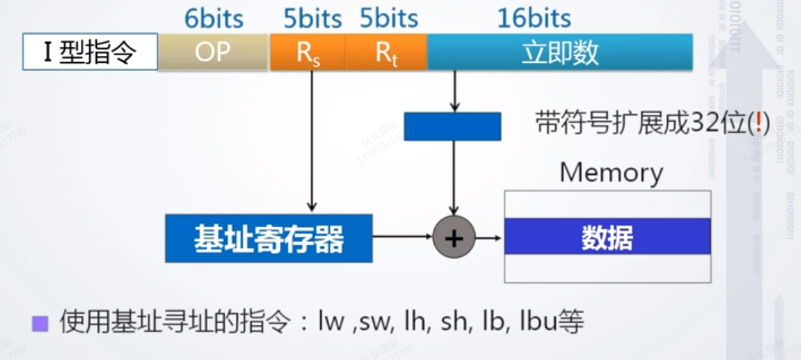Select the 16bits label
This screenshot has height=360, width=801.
click(533, 17)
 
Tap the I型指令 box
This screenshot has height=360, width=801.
click(89, 53)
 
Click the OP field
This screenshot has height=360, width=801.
click(213, 53)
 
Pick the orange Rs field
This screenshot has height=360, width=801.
click(307, 53)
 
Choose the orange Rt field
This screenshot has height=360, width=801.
click(386, 53)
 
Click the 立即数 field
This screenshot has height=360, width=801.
click(560, 53)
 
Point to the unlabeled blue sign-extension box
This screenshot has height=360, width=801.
click(452, 126)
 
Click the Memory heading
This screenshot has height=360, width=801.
click(610, 172)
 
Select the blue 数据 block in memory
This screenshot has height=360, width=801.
click(607, 237)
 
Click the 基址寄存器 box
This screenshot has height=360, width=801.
click(269, 238)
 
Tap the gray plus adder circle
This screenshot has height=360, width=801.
click(453, 238)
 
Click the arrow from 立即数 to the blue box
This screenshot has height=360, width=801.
click(454, 91)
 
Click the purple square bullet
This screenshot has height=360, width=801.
click(40, 324)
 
